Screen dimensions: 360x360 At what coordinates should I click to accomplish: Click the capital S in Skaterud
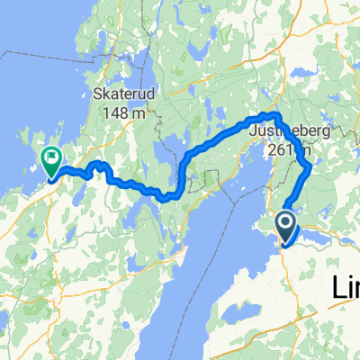pos(96,94)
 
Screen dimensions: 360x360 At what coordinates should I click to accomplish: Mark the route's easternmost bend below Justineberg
pos(310,167)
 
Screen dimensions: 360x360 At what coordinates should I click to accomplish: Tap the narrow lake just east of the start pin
pos(320,236)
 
